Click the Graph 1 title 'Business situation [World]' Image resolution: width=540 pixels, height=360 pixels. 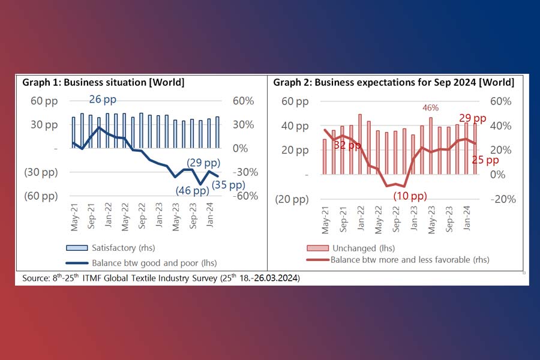point(103,82)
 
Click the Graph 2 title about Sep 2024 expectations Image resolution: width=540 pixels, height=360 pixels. point(394,82)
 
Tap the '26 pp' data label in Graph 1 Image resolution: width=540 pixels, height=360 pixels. point(103,100)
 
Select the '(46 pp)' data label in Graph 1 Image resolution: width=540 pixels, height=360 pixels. point(192,191)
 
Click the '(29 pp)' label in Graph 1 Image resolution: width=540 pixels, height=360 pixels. point(203,163)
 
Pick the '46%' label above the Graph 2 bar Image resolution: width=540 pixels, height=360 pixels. point(430,108)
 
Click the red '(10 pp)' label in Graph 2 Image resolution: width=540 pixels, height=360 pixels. point(410,196)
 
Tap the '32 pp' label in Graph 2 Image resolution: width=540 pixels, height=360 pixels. point(347,145)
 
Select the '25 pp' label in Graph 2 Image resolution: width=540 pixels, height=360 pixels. point(484,160)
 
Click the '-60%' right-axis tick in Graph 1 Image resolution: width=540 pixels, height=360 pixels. point(246,196)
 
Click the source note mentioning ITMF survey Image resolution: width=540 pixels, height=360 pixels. point(161,278)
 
